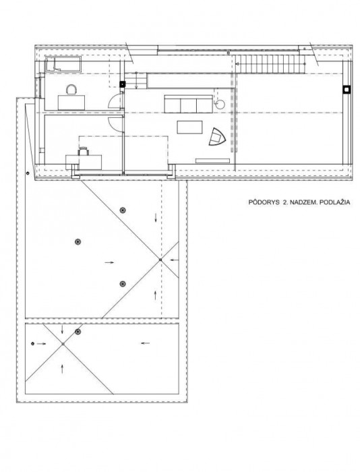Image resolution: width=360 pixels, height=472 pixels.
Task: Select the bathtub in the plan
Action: click(63, 64)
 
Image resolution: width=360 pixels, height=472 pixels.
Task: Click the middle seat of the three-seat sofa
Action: click(189, 105)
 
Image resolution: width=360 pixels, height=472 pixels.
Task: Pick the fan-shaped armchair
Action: click(217, 137)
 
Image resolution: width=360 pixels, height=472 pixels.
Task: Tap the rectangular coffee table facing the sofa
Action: click(189, 127)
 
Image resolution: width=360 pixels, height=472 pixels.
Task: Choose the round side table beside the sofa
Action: click(220, 104)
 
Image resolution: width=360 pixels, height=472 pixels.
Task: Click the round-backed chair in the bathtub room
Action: click(71, 90)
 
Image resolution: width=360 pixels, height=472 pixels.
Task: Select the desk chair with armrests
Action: click(84, 151)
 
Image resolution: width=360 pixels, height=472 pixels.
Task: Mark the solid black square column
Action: click(123, 84)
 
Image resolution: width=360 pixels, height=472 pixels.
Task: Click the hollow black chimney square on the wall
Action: click(347, 89)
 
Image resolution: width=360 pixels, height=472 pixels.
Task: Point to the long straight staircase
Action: click(270, 64)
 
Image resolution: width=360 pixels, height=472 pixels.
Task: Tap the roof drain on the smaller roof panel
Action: click(78, 332)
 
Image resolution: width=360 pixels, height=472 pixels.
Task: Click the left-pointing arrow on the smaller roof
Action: click(145, 343)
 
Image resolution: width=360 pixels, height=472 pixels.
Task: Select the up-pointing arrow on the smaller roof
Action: click(62, 369)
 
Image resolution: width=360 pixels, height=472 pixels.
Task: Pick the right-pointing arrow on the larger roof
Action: click(110, 262)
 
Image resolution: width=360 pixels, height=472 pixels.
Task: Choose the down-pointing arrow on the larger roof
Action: click(156, 218)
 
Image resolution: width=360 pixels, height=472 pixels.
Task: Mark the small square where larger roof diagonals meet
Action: click(160, 260)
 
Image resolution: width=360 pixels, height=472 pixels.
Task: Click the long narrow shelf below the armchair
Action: click(212, 160)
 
